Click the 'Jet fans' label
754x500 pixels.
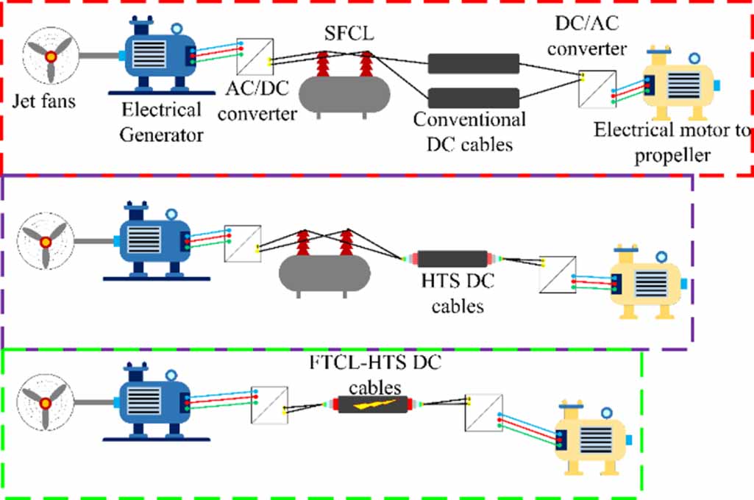point(43,101)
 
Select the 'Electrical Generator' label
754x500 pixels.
point(162,122)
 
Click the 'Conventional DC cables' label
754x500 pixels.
point(469,130)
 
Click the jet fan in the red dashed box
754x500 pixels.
point(51,57)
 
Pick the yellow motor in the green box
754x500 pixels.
point(588,438)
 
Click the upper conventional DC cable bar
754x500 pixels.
point(474,63)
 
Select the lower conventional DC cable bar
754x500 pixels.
point(474,96)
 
